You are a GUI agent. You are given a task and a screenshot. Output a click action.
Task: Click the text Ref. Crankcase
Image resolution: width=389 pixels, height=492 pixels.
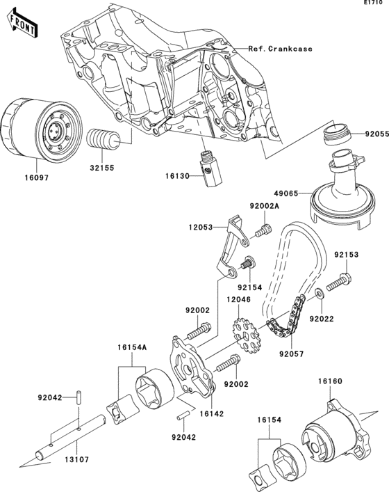point(279,49)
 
